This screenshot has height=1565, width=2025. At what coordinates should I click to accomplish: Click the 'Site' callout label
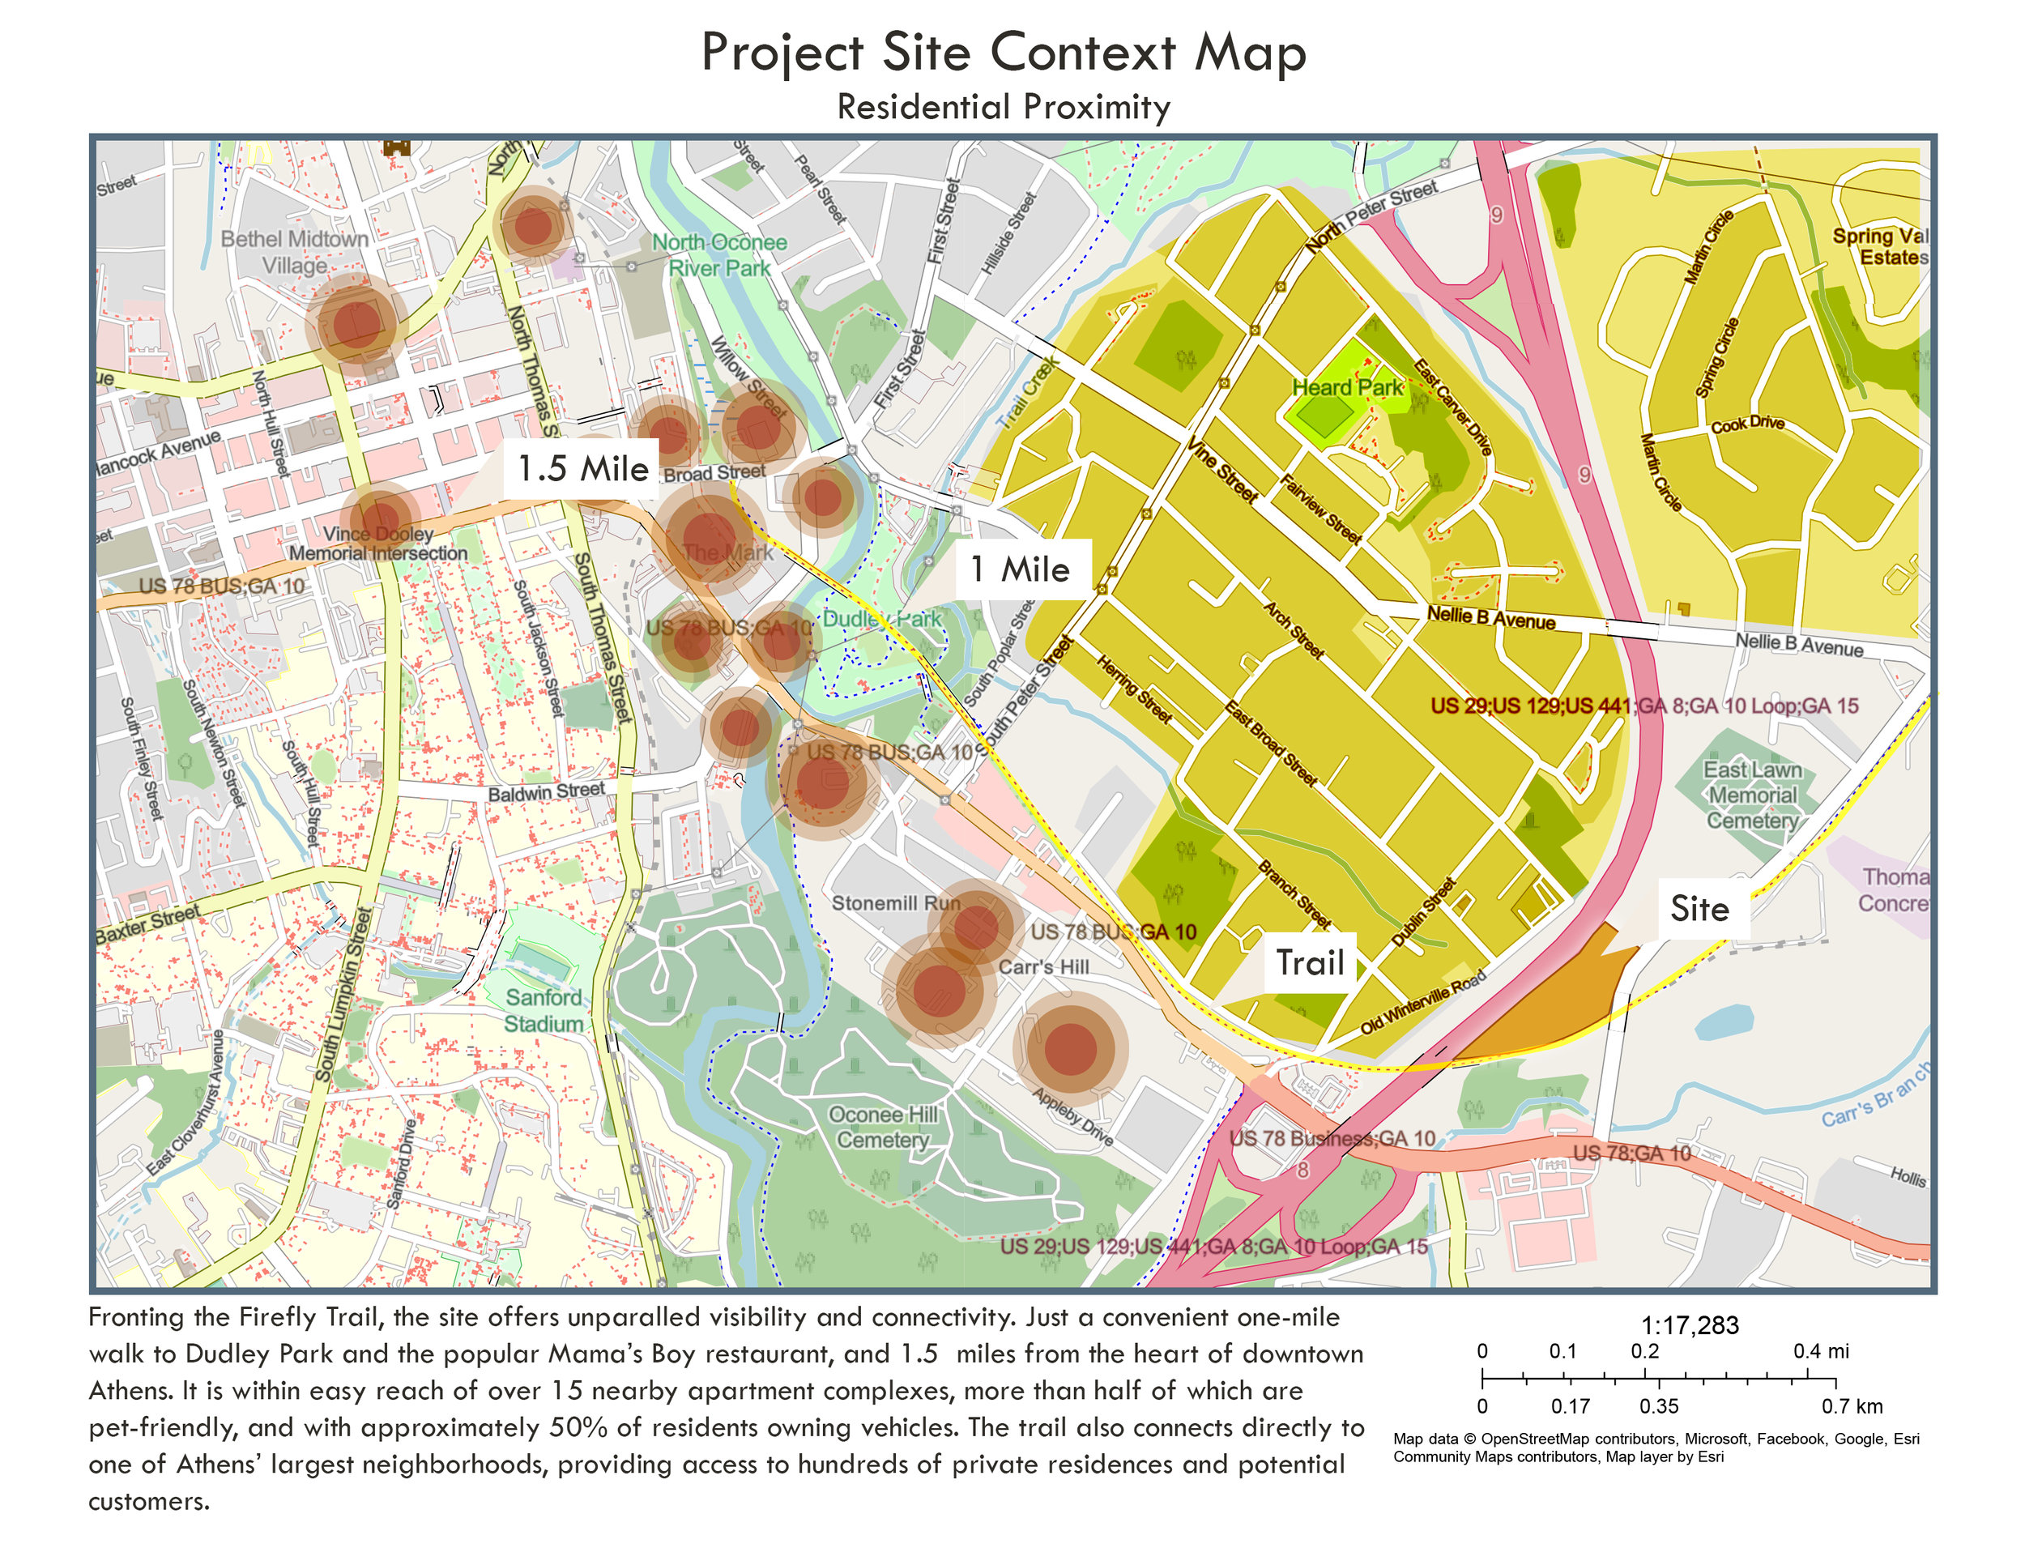pos(1699,910)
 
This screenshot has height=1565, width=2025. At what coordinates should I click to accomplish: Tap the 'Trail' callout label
pos(1309,963)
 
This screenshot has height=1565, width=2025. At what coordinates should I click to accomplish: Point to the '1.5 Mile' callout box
pos(582,468)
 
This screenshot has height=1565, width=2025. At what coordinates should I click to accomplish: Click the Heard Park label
pos(1347,387)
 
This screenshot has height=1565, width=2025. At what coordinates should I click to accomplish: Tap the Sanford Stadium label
pos(544,1009)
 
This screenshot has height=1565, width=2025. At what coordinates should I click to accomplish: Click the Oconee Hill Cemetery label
pos(882,1127)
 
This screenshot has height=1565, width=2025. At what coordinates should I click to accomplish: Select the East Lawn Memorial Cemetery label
pos(1751,795)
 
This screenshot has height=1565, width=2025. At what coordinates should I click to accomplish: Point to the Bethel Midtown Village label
pos(295,252)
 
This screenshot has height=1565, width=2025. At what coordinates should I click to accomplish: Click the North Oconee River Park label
pos(719,255)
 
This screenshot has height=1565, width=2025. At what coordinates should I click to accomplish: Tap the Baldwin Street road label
pos(546,791)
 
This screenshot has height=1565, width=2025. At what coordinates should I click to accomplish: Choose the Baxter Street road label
pos(147,923)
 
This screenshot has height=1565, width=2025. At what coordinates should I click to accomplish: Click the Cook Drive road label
pos(1747,424)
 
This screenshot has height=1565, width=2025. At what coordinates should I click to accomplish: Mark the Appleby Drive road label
pos(1072,1116)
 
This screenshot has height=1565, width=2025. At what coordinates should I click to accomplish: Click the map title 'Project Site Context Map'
pos(1004,52)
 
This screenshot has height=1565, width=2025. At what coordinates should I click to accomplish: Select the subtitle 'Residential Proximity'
pos(1004,107)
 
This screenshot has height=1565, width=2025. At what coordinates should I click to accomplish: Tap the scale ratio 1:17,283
pos(1690,1325)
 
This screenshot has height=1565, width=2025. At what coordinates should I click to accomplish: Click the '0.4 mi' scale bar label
pos(1820,1351)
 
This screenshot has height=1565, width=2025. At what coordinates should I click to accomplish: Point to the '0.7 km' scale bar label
pos(1852,1405)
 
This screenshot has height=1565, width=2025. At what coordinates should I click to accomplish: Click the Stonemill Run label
pos(896,902)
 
